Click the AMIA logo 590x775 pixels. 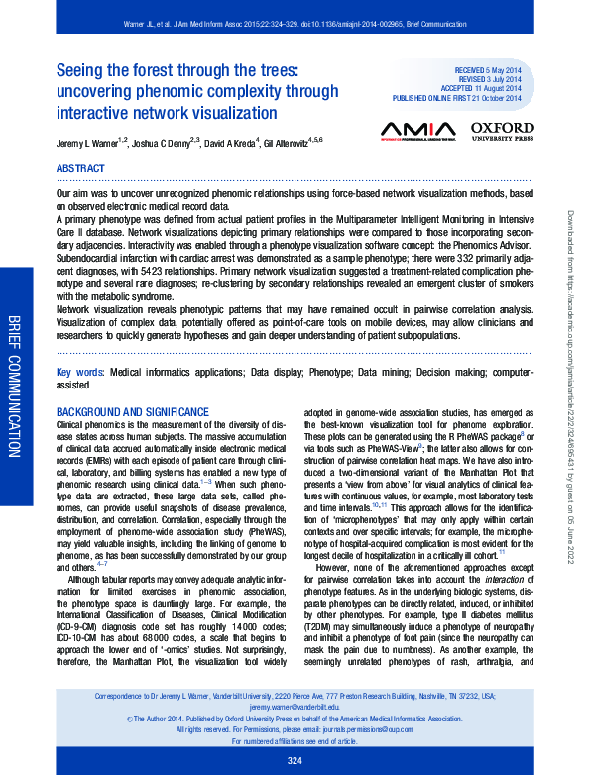[417, 131]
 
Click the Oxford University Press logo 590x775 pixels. [502, 132]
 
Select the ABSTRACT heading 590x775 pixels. [80, 169]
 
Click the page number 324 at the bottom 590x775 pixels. [295, 760]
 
